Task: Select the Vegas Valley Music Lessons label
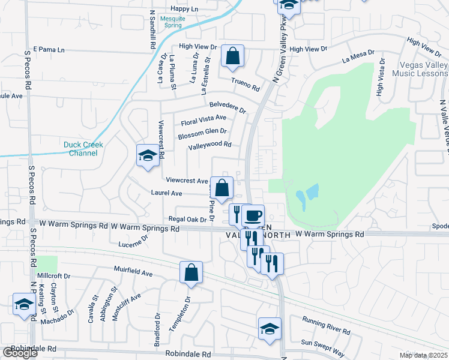coord(420,69)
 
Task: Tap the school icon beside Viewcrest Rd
coord(148,155)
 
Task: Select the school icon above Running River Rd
coord(270,328)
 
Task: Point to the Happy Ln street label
coord(184,9)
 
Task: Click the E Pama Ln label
coord(49,49)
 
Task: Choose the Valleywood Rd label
coord(209,145)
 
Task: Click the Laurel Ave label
coord(167,193)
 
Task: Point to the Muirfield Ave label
coord(133,272)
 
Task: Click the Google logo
coord(20,353)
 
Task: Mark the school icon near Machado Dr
coord(24,304)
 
